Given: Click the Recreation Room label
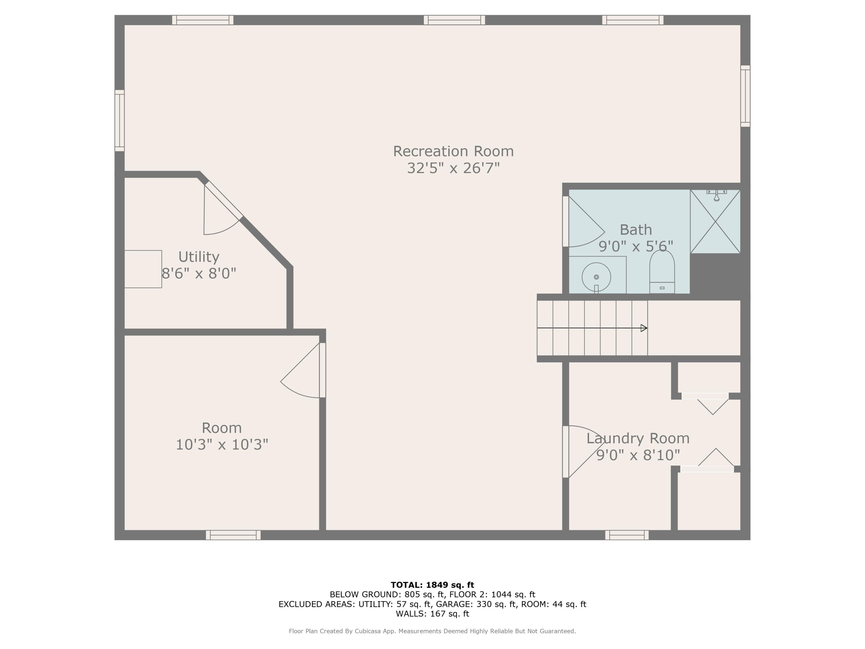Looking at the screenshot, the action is tap(453, 151).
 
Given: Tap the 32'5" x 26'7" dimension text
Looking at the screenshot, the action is tap(453, 168).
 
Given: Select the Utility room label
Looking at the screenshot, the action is tap(199, 257).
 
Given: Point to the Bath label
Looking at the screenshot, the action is tap(636, 230).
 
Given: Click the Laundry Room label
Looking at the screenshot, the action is tap(638, 438).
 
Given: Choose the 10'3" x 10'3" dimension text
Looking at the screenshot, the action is tap(222, 444).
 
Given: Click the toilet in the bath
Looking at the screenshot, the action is tap(662, 271).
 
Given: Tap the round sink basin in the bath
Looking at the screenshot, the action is tap(596, 277).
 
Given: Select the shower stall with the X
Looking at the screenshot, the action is tap(715, 222).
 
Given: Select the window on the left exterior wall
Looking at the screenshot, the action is tap(120, 121).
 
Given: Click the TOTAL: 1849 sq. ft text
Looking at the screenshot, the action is tap(432, 585).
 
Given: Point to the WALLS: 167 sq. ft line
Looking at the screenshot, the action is tap(432, 614).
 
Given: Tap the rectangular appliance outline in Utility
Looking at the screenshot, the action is tap(143, 269).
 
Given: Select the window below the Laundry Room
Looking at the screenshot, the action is tap(627, 535).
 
